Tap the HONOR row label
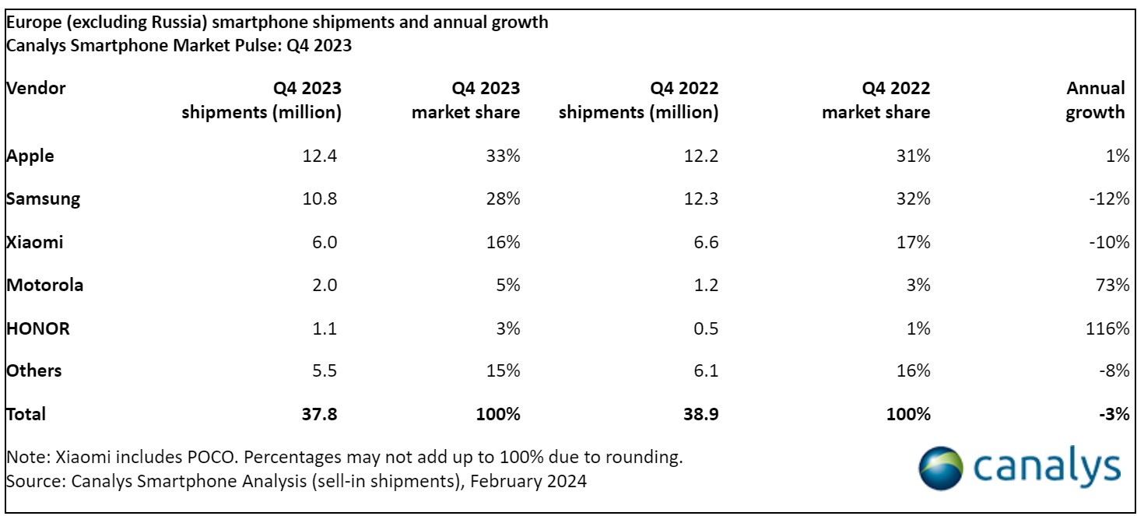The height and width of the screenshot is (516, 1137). coord(38,328)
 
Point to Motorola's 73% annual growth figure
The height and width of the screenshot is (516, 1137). coord(1113,285)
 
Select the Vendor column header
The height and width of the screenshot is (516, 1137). coord(36,88)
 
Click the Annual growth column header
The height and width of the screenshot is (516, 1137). coord(1095,100)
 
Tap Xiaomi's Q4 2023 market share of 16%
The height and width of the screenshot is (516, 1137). coord(504,242)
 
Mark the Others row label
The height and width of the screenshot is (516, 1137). coord(34,371)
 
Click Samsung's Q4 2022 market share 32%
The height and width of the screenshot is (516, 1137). coord(914,198)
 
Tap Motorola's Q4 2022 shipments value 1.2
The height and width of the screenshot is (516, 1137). coord(705,285)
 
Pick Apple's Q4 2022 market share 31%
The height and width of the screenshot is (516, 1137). coord(914,156)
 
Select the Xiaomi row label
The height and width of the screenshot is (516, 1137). coord(35,242)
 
